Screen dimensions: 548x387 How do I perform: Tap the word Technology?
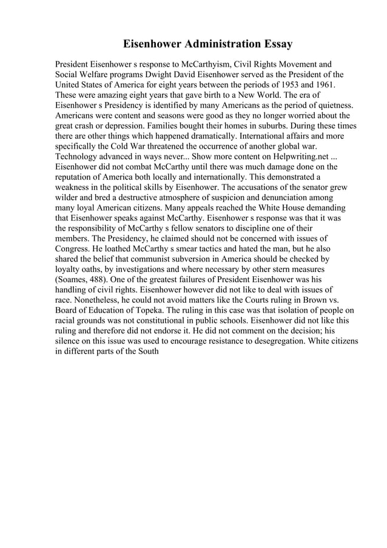coord(77,156)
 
